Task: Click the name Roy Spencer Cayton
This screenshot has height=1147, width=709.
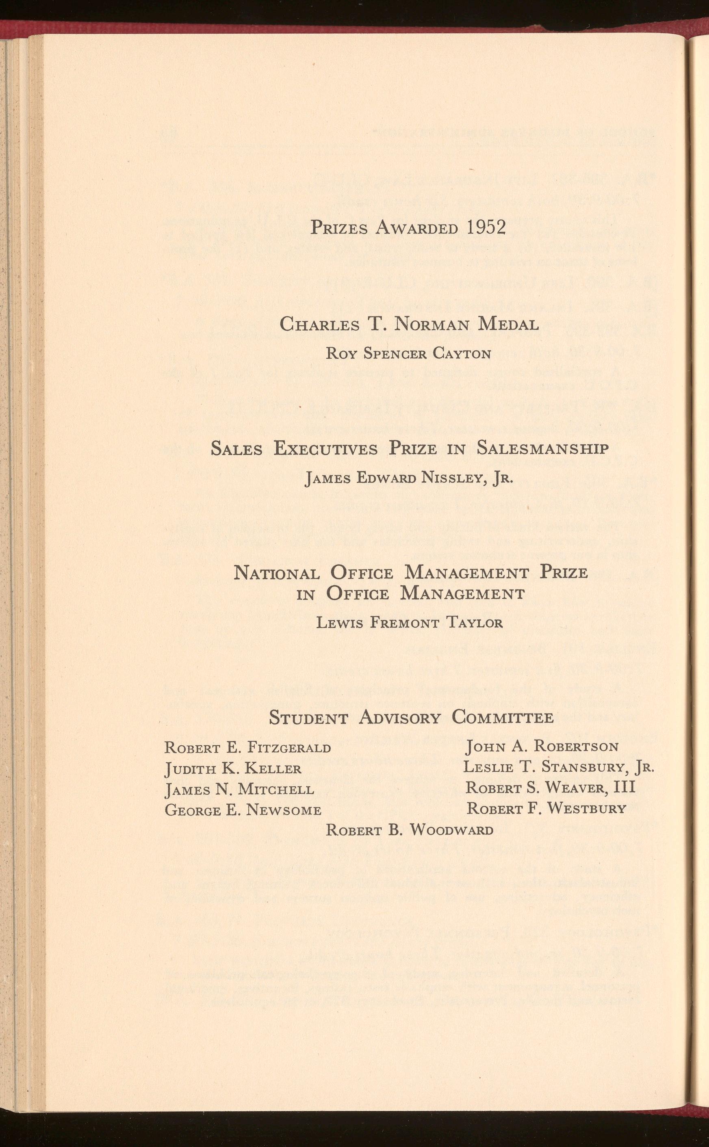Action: click(408, 353)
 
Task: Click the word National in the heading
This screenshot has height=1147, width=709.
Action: click(277, 573)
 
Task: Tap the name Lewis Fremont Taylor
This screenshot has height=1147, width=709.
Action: click(410, 623)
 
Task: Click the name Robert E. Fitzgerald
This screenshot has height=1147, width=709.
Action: click(247, 748)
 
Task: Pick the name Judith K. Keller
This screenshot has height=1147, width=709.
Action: click(233, 769)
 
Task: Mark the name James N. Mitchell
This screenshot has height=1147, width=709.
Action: click(239, 790)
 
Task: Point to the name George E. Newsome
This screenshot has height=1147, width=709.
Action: click(243, 810)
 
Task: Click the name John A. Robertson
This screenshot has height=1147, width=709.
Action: click(542, 747)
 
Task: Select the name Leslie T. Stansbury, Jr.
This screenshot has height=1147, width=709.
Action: click(559, 767)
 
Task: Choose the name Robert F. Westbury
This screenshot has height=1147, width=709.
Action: click(546, 809)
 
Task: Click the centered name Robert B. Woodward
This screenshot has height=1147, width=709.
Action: click(410, 831)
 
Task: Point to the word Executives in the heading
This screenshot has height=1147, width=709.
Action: click(325, 448)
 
